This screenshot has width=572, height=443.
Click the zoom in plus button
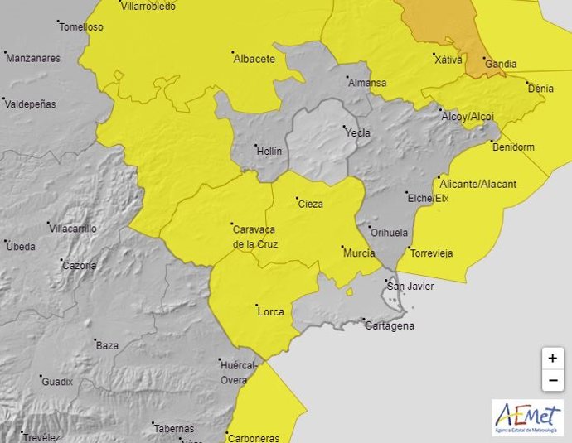pyautogui.click(x=552, y=359)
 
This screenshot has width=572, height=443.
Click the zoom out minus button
pyautogui.click(x=552, y=381)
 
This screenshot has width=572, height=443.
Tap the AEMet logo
pyautogui.click(x=527, y=418)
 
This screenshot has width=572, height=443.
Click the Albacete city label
pyautogui.click(x=254, y=59)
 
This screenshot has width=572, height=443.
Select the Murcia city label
pyautogui.click(x=358, y=253)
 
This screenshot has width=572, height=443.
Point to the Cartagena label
pyautogui.click(x=390, y=325)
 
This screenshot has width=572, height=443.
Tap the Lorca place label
pyautogui.click(x=270, y=312)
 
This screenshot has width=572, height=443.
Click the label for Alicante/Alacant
pyautogui.click(x=478, y=183)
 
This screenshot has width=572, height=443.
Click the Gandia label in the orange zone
pyautogui.click(x=501, y=64)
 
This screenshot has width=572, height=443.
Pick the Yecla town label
pyautogui.click(x=356, y=132)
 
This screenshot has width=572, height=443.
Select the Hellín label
pyautogui.click(x=269, y=152)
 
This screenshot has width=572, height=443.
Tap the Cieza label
pyautogui.click(x=310, y=204)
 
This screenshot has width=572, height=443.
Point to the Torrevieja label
pyautogui.click(x=432, y=253)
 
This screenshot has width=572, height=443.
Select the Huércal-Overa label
pyautogui.click(x=239, y=372)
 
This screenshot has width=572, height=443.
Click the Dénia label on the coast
pyautogui.click(x=540, y=87)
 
